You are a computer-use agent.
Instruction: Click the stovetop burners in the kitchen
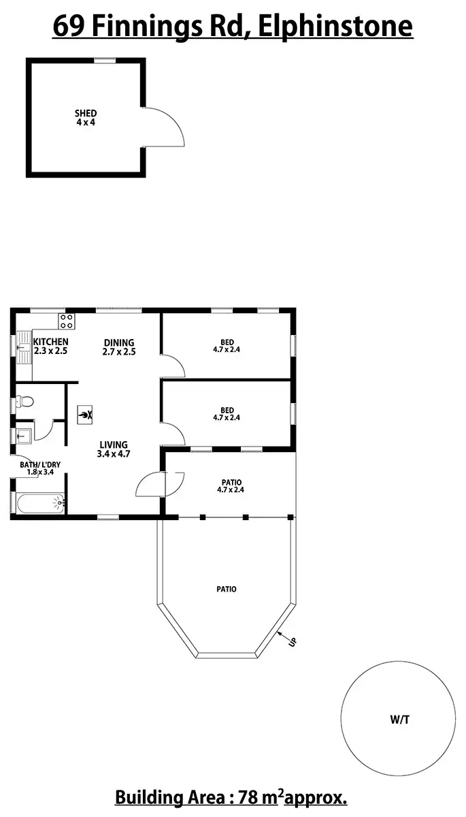pyautogui.click(x=67, y=321)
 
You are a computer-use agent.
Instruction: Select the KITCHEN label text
pyautogui.click(x=50, y=342)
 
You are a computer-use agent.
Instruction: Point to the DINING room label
pyautogui.click(x=119, y=342)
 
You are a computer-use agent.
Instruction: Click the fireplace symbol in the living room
pyautogui.click(x=86, y=414)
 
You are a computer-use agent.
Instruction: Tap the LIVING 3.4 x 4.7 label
pyautogui.click(x=113, y=449)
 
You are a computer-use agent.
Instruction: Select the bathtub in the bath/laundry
pyautogui.click(x=39, y=504)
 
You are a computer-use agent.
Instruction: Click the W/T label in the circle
pyautogui.click(x=399, y=719)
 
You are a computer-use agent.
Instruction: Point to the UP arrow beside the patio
pyautogui.click(x=287, y=639)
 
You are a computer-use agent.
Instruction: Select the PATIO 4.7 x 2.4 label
pyautogui.click(x=230, y=485)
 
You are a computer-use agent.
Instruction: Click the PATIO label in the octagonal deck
pyautogui.click(x=227, y=589)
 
